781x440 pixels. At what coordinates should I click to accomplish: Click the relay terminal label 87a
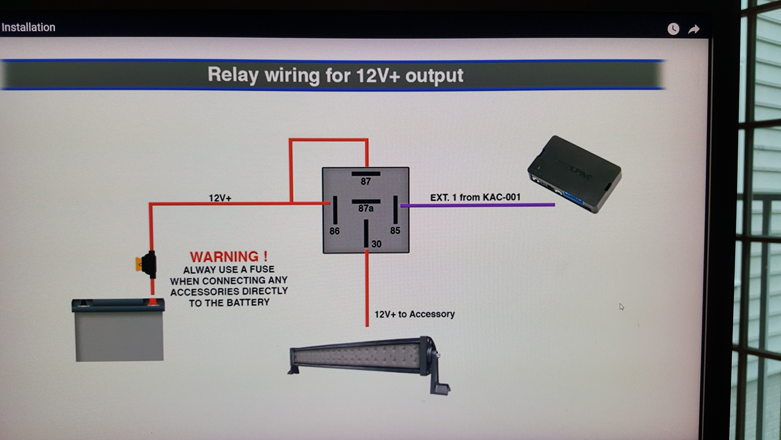tap(366, 208)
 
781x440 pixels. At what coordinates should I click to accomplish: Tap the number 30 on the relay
tap(376, 244)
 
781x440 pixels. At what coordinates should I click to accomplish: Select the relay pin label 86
tap(334, 231)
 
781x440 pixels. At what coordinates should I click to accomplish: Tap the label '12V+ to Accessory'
tap(414, 314)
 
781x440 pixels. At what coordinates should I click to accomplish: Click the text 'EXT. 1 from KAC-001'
tap(475, 197)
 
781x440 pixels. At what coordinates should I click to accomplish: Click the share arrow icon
tap(694, 29)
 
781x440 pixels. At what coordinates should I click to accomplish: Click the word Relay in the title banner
tap(233, 75)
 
